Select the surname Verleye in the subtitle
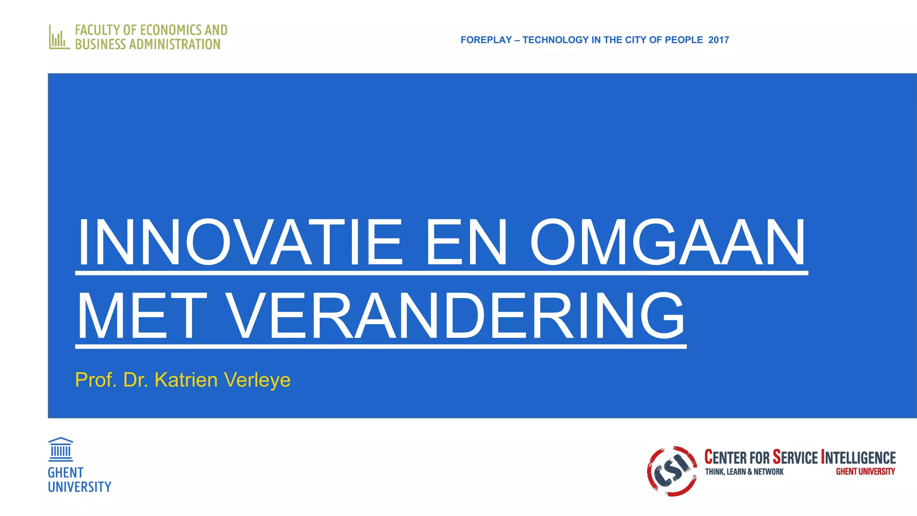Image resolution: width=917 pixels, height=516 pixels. (x=257, y=380)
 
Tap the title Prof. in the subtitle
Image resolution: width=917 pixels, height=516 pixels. (x=96, y=380)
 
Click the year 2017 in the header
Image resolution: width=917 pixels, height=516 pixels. (x=719, y=40)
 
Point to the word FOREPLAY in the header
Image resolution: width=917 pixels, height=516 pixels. (x=486, y=40)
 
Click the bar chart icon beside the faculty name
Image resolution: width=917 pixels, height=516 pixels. (x=59, y=37)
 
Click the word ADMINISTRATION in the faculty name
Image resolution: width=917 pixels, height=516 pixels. (x=175, y=44)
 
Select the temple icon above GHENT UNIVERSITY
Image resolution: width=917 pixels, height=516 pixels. (x=60, y=449)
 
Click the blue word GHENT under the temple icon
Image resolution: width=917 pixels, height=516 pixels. (x=65, y=473)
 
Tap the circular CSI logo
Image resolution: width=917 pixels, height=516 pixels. (x=672, y=471)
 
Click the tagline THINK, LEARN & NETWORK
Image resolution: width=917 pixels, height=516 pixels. (x=744, y=472)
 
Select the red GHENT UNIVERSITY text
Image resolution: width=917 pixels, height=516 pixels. (x=865, y=472)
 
